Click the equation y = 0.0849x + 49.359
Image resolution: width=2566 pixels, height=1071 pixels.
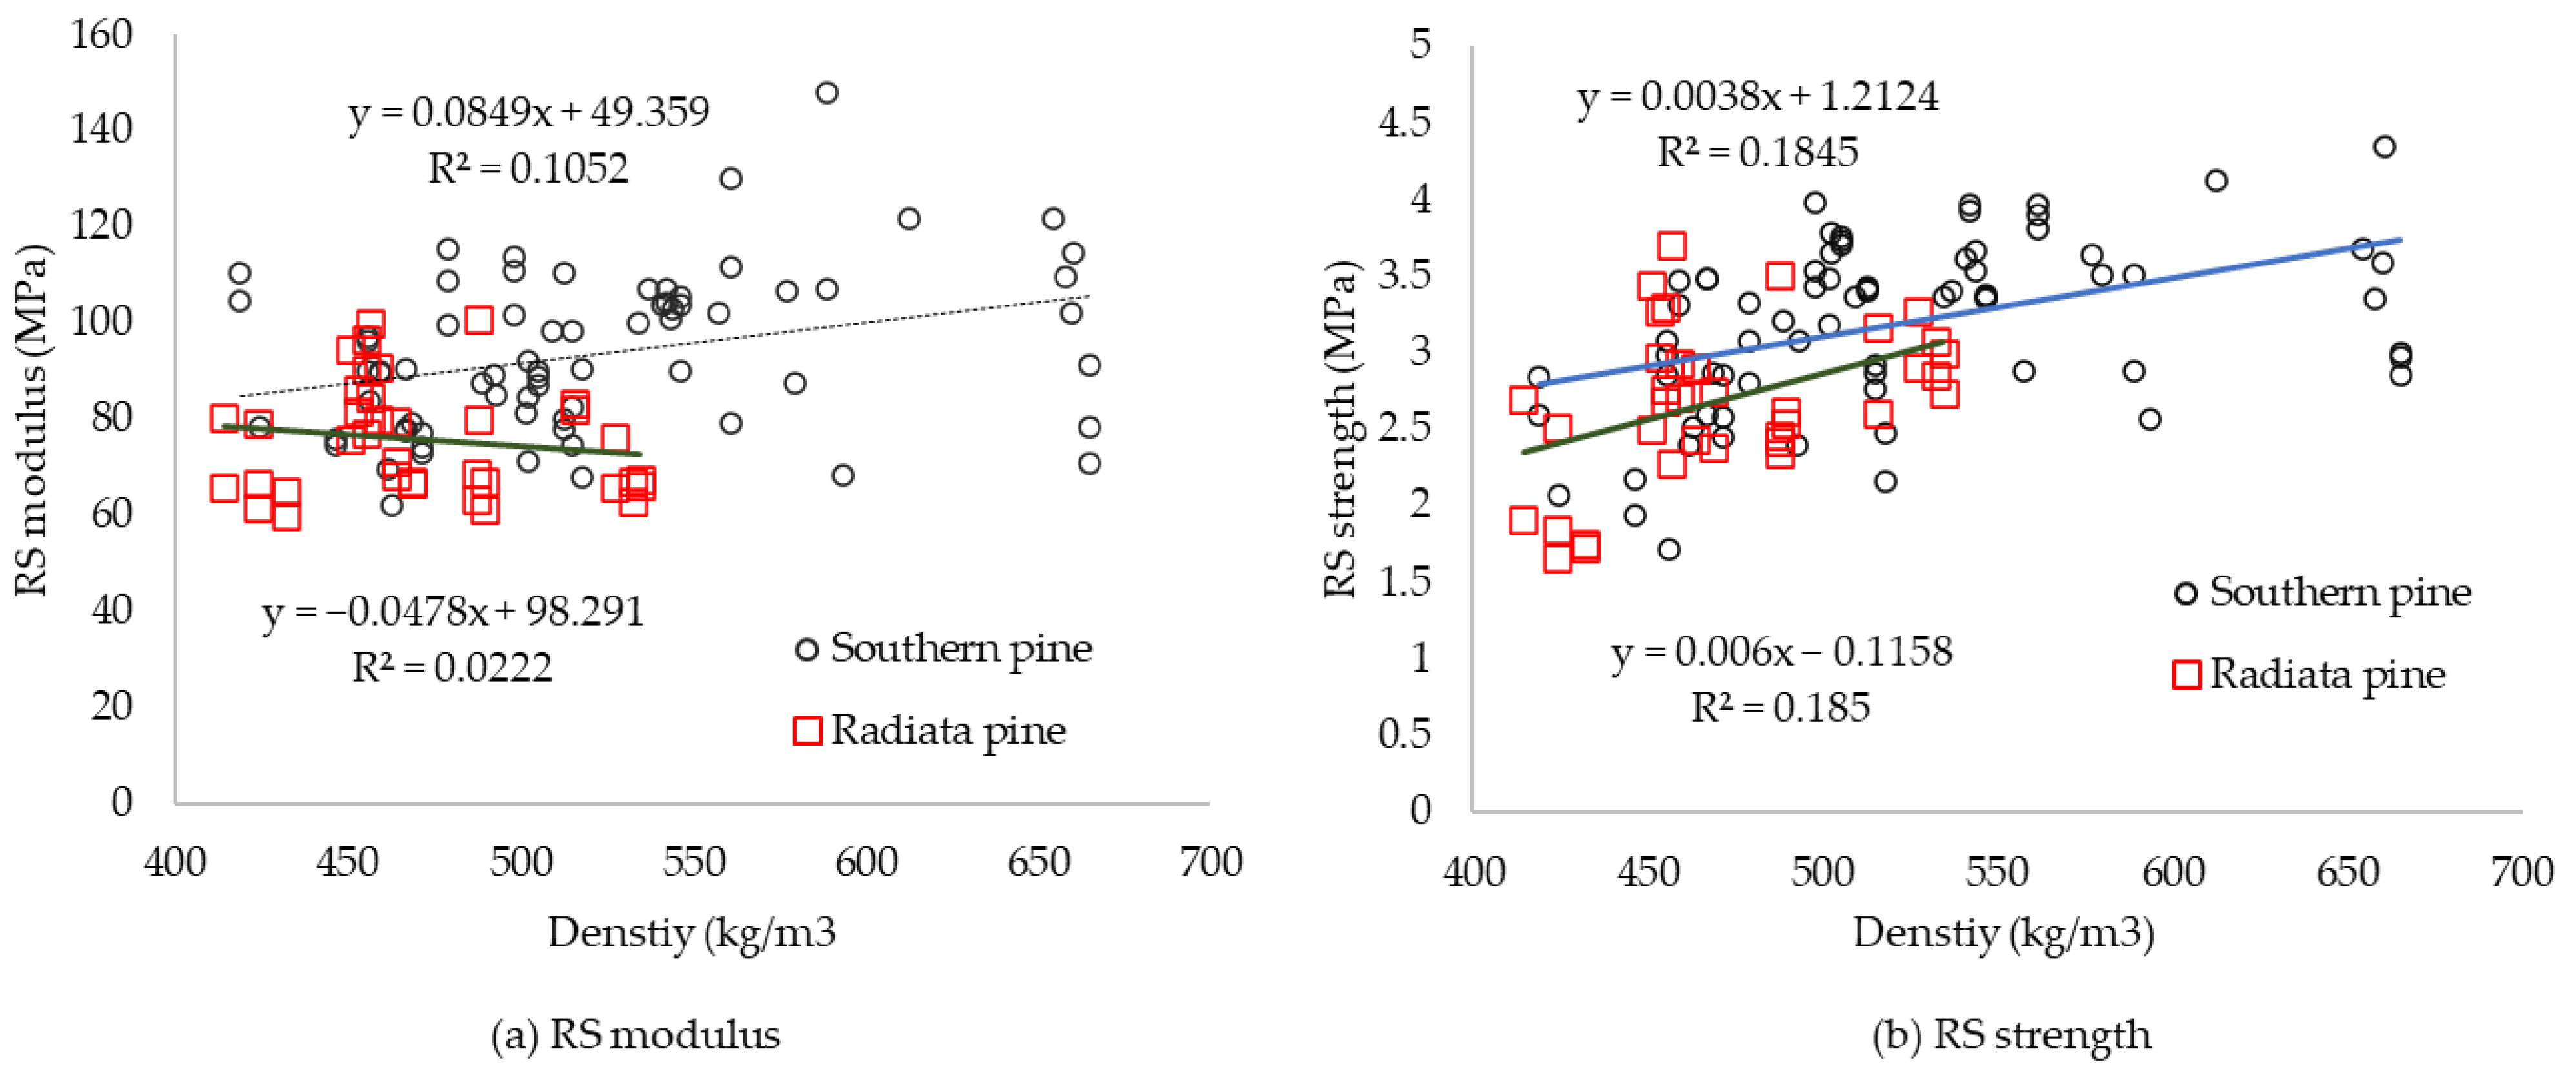[529, 112]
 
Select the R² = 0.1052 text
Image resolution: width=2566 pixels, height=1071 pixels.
[529, 168]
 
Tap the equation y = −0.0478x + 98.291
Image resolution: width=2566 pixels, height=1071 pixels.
[453, 612]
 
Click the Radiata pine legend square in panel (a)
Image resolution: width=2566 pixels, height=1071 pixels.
[807, 730]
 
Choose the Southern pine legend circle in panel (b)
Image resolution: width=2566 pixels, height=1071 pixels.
[2185, 594]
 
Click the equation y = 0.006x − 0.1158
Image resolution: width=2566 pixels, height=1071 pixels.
[1781, 652]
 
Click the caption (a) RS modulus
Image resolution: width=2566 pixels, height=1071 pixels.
[636, 1035]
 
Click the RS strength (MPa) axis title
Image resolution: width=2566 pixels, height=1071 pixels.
[1341, 428]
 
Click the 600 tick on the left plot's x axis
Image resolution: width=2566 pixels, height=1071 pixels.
[866, 863]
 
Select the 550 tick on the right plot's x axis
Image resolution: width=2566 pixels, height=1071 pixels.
[1996, 872]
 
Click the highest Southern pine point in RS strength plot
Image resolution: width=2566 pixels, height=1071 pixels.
[2383, 146]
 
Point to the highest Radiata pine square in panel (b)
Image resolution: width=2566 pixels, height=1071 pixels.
[1672, 245]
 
